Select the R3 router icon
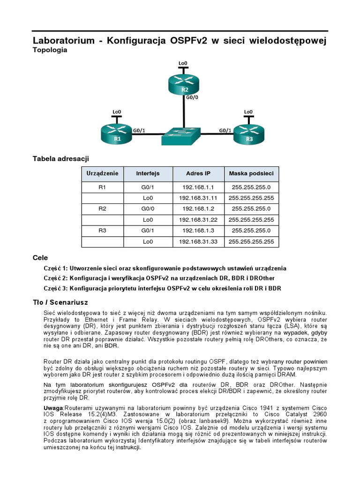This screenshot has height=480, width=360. [248, 133]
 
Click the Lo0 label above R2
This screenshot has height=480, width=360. [183, 63]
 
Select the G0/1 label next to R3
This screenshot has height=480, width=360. [225, 130]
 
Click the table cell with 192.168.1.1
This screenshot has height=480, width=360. [198, 187]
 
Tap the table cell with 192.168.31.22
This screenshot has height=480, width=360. [198, 219]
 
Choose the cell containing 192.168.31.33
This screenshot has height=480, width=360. [198, 241]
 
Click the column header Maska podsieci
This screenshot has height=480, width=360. [251, 173]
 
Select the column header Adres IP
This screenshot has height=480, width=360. [198, 173]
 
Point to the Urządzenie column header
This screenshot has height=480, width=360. [102, 173]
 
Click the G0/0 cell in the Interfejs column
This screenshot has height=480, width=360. [148, 209]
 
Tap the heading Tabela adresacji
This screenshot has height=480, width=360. [60, 158]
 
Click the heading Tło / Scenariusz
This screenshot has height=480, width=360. [60, 302]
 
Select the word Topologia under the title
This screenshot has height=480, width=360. [50, 50]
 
